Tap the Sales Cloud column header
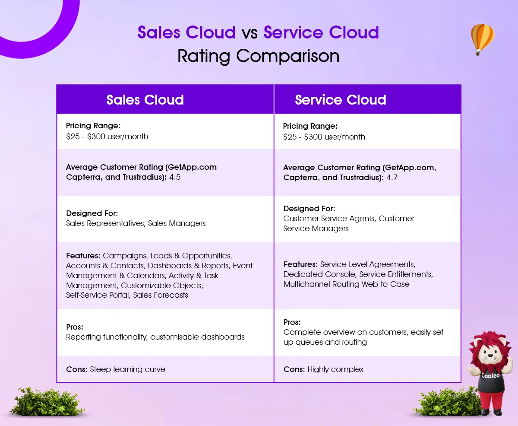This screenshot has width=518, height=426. [145, 100]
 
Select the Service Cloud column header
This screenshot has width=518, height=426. [341, 100]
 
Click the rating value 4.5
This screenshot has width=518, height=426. [175, 177]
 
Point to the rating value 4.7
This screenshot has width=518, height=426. [392, 178]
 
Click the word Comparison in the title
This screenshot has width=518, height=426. [287, 56]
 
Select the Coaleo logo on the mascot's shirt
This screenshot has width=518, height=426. [490, 375]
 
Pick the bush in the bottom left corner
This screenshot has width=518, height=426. [47, 402]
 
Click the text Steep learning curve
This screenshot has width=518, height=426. [127, 369]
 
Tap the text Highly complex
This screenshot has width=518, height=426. [335, 369]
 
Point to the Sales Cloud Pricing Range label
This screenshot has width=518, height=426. [93, 126]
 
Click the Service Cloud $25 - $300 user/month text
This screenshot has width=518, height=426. [324, 137]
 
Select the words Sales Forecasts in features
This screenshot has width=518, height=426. [161, 295]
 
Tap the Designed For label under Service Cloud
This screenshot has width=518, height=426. [309, 208]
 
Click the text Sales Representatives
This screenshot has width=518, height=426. [106, 223]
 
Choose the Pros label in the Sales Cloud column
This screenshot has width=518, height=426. [75, 327]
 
